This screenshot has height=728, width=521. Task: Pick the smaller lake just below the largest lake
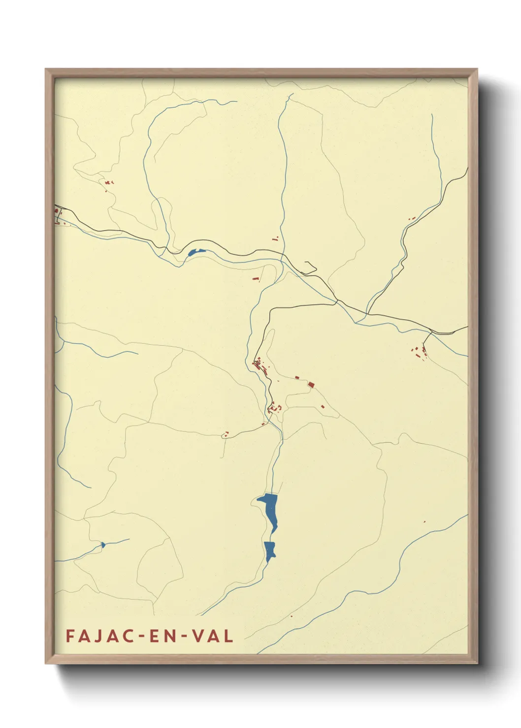tap(269, 550)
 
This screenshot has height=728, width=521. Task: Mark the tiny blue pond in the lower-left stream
tap(102, 545)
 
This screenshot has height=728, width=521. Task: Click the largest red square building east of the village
tap(311, 384)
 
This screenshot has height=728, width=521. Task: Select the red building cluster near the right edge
tap(420, 351)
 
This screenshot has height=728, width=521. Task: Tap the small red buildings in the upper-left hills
tap(107, 183)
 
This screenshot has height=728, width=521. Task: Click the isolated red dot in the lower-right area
tap(424, 521)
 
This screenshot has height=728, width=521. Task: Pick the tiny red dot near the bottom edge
tap(292, 616)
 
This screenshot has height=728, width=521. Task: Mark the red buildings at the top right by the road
tap(412, 218)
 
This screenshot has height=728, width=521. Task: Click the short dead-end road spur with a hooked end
tap(311, 268)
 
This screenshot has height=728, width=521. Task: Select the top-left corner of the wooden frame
tap(46, 69)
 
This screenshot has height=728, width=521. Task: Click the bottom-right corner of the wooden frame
tap(477, 663)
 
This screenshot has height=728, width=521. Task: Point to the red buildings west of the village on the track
tap(226, 434)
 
